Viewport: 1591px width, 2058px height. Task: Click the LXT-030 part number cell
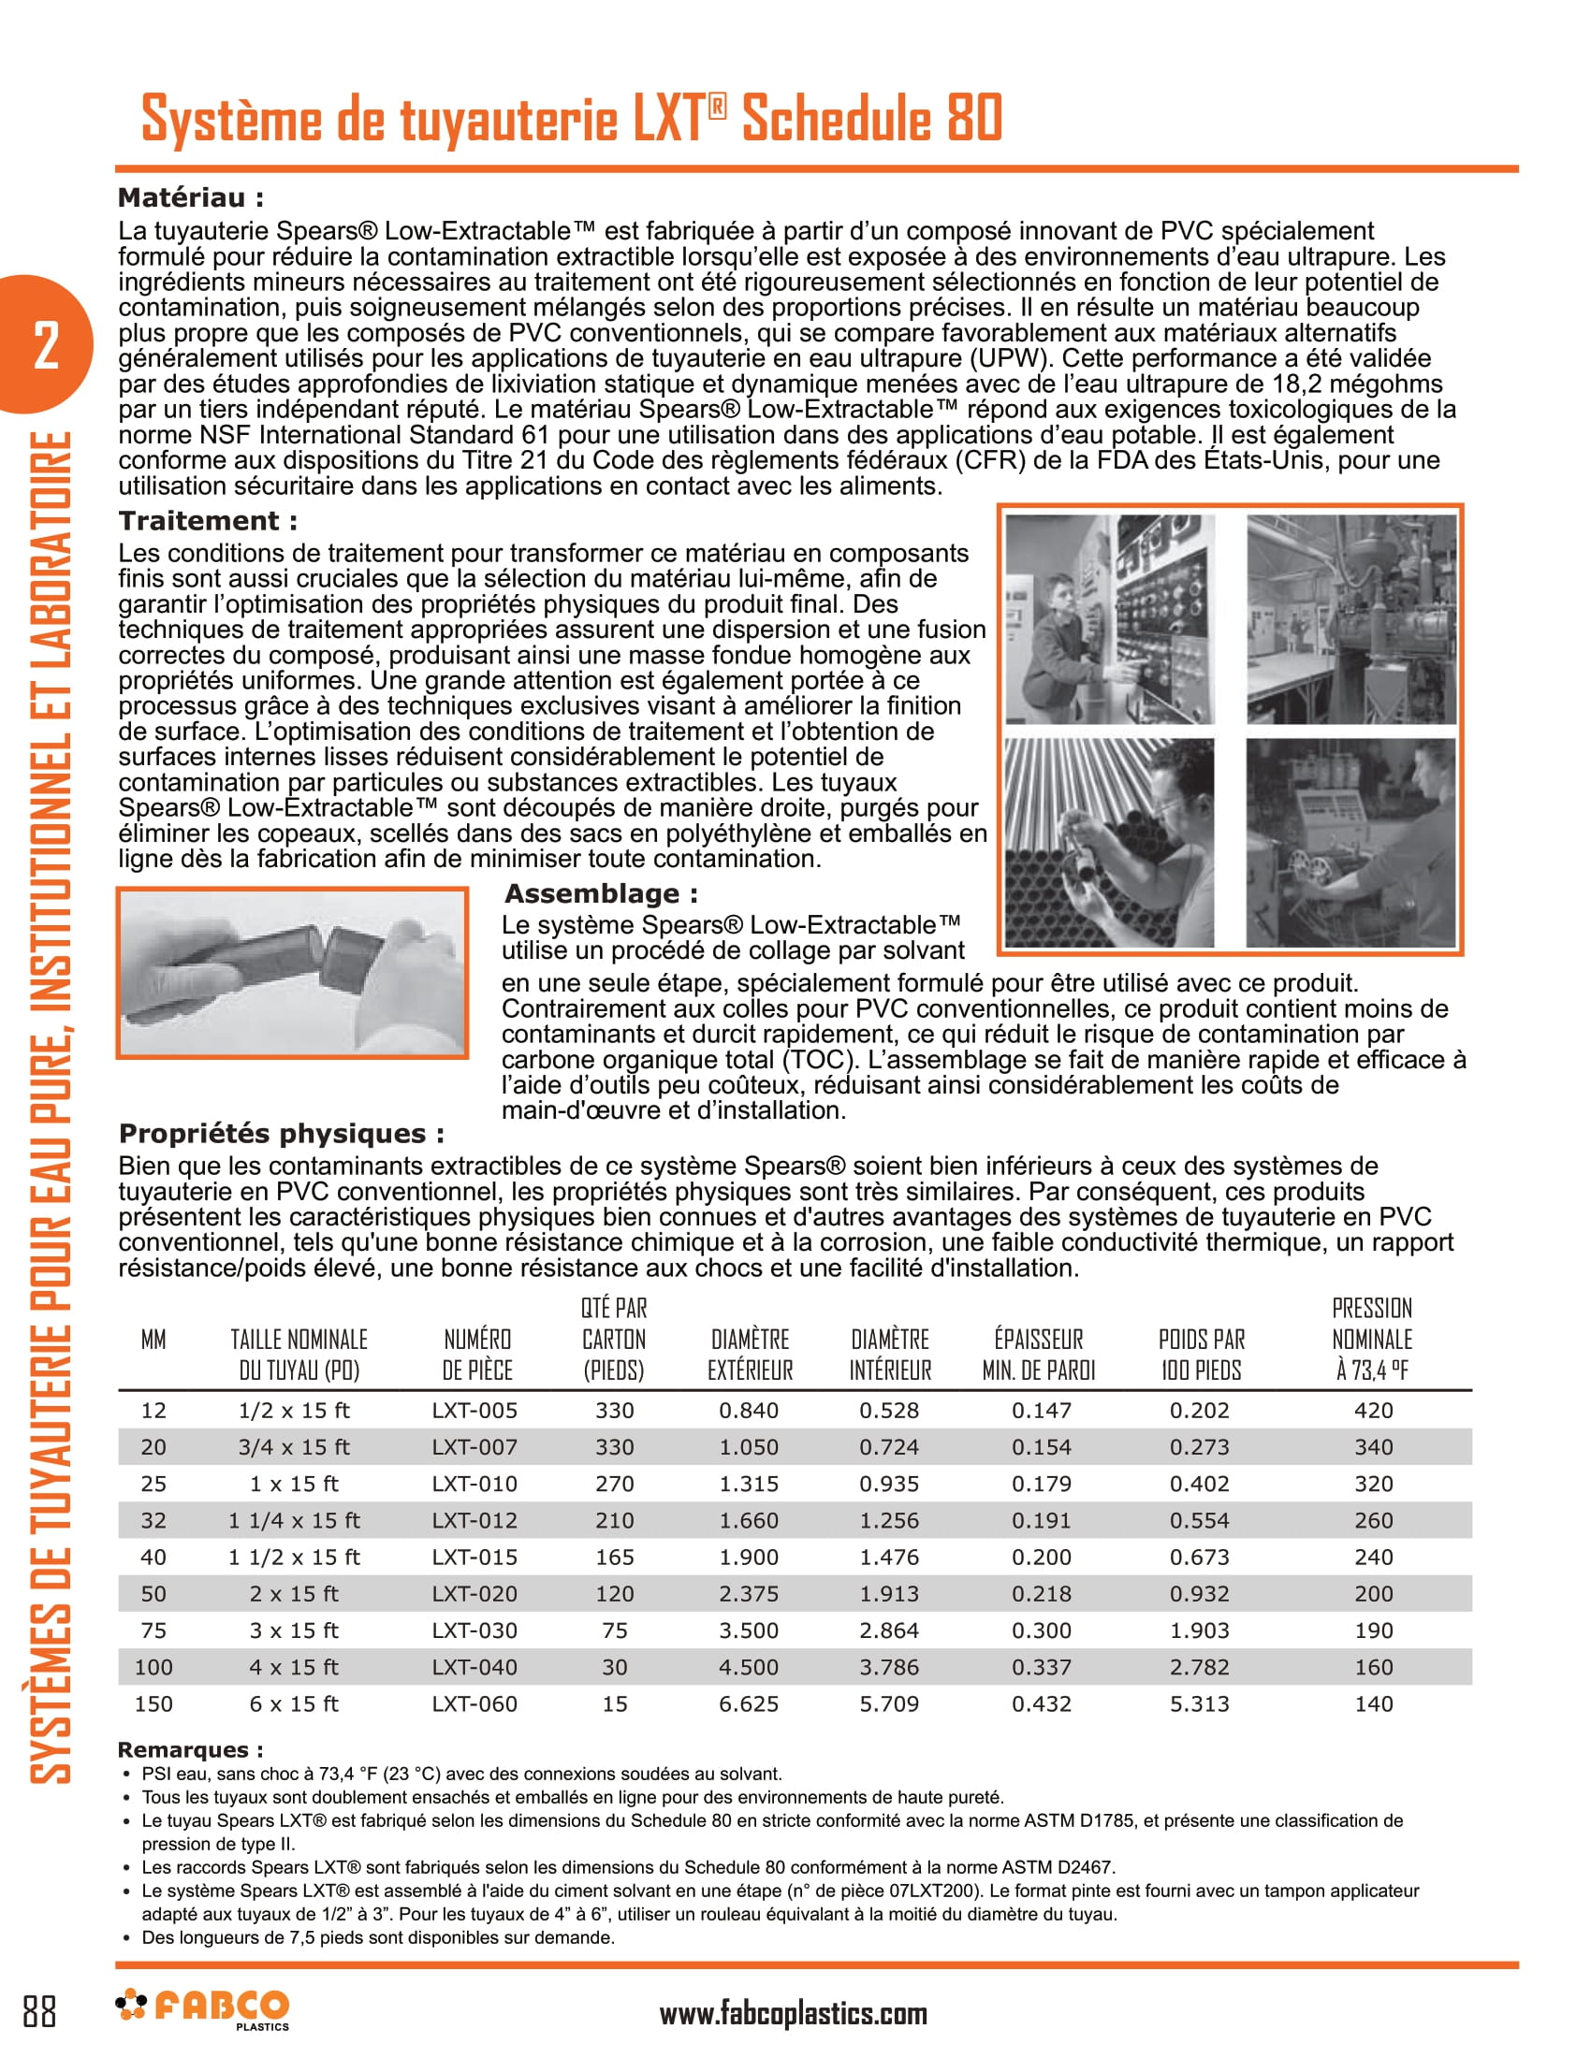point(474,1630)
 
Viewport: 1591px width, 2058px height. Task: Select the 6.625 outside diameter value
point(749,1703)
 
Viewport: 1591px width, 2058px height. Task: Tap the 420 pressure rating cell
point(1372,1411)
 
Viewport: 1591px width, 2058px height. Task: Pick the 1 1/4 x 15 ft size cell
point(294,1520)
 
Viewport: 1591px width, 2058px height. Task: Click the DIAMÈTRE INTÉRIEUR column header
point(890,1355)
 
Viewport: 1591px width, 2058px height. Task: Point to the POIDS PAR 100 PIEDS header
point(1201,1355)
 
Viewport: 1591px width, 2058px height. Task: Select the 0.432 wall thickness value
point(1041,1703)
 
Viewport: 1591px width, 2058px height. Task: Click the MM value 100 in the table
point(153,1667)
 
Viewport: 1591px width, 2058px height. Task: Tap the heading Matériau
point(190,198)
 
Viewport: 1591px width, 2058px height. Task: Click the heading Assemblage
point(602,893)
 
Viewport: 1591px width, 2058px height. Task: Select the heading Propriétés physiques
point(281,1134)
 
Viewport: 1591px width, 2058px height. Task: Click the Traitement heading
point(208,521)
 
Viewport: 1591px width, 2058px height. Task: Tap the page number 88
point(39,2011)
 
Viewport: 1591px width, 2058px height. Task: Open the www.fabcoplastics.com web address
point(793,2014)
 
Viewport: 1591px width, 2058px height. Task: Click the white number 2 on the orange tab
point(45,345)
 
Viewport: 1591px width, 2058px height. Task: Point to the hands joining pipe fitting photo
point(292,972)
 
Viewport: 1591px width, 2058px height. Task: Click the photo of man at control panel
point(1109,619)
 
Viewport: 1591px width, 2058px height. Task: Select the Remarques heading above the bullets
point(189,1750)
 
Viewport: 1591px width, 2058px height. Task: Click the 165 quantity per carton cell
point(615,1557)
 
